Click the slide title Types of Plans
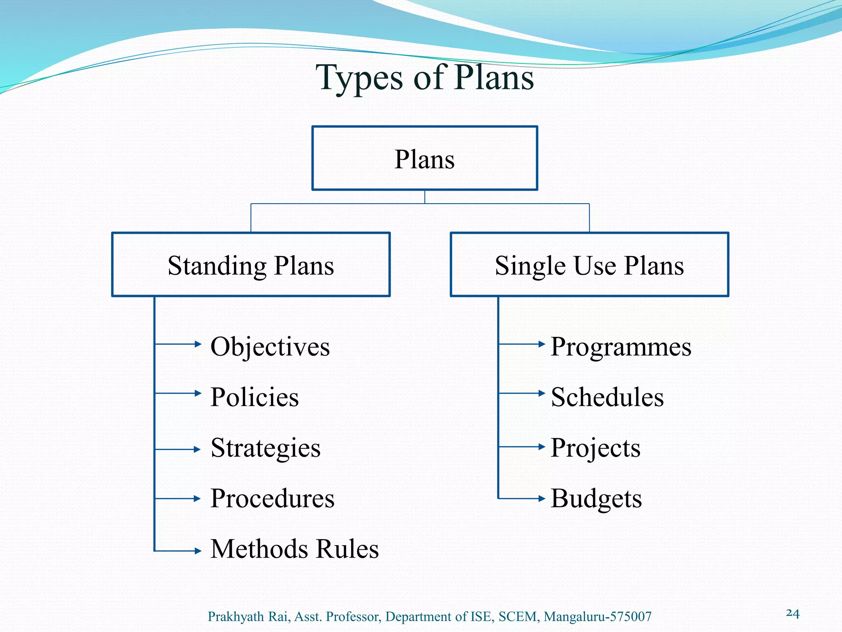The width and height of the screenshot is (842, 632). [425, 78]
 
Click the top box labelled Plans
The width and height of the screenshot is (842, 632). [425, 158]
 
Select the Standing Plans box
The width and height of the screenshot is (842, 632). [251, 265]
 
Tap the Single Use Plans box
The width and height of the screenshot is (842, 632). [589, 265]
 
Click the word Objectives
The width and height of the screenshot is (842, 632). [270, 346]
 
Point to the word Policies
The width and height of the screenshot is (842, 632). [254, 397]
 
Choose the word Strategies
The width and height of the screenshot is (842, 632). [265, 448]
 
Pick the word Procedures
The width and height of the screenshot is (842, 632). [272, 498]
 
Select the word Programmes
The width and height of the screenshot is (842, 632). [621, 346]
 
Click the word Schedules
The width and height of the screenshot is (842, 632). [607, 397]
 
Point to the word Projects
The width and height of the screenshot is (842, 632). [595, 448]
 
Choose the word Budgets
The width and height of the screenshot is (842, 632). [596, 498]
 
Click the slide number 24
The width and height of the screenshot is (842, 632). [793, 613]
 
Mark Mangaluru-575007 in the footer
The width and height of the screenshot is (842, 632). [597, 616]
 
